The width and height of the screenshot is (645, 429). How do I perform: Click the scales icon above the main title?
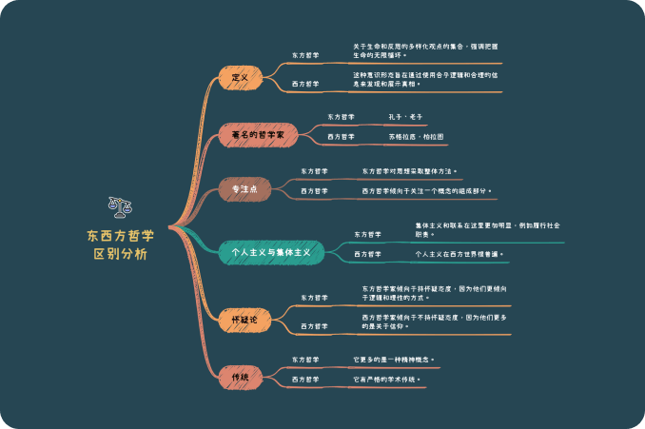point(121,206)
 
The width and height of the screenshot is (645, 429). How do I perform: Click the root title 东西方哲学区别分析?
point(121,244)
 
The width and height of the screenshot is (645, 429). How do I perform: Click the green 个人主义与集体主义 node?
point(270,253)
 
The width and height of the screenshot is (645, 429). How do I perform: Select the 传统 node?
point(240,378)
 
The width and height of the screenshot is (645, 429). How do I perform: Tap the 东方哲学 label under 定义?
point(305,55)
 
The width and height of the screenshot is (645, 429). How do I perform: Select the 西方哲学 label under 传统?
point(305,380)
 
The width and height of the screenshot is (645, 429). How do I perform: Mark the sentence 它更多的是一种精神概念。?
point(394,360)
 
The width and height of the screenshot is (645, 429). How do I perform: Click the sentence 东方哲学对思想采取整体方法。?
point(410,172)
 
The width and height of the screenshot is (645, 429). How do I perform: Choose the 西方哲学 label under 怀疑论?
point(315,326)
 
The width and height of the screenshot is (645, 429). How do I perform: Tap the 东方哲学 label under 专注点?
point(315,172)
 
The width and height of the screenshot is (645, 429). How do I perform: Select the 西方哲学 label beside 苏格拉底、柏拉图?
point(342,137)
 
